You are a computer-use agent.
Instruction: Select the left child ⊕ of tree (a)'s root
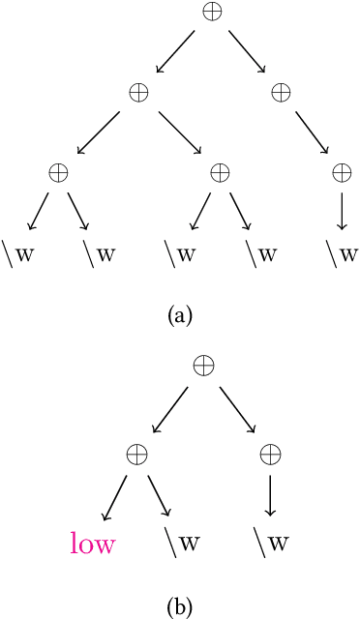(x=138, y=92)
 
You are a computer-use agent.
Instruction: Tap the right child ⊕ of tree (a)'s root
(x=281, y=92)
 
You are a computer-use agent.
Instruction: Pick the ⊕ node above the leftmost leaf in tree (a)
(x=58, y=172)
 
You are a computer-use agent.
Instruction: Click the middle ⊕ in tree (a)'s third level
(x=221, y=172)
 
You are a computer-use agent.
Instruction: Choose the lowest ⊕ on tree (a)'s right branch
(x=342, y=172)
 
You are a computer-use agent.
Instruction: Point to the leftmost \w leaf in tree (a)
(x=18, y=253)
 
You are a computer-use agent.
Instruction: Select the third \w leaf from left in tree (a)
(x=180, y=253)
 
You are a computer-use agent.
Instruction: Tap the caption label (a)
(x=180, y=314)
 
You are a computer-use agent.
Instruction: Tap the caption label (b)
(x=180, y=606)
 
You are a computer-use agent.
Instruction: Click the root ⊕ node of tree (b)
(x=203, y=366)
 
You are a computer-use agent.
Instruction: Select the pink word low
(x=93, y=544)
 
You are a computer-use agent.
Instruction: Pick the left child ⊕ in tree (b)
(x=138, y=452)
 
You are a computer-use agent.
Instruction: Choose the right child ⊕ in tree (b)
(x=271, y=452)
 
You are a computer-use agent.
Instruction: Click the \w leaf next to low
(x=180, y=542)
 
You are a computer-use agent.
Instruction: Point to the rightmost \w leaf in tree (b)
(x=271, y=542)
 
